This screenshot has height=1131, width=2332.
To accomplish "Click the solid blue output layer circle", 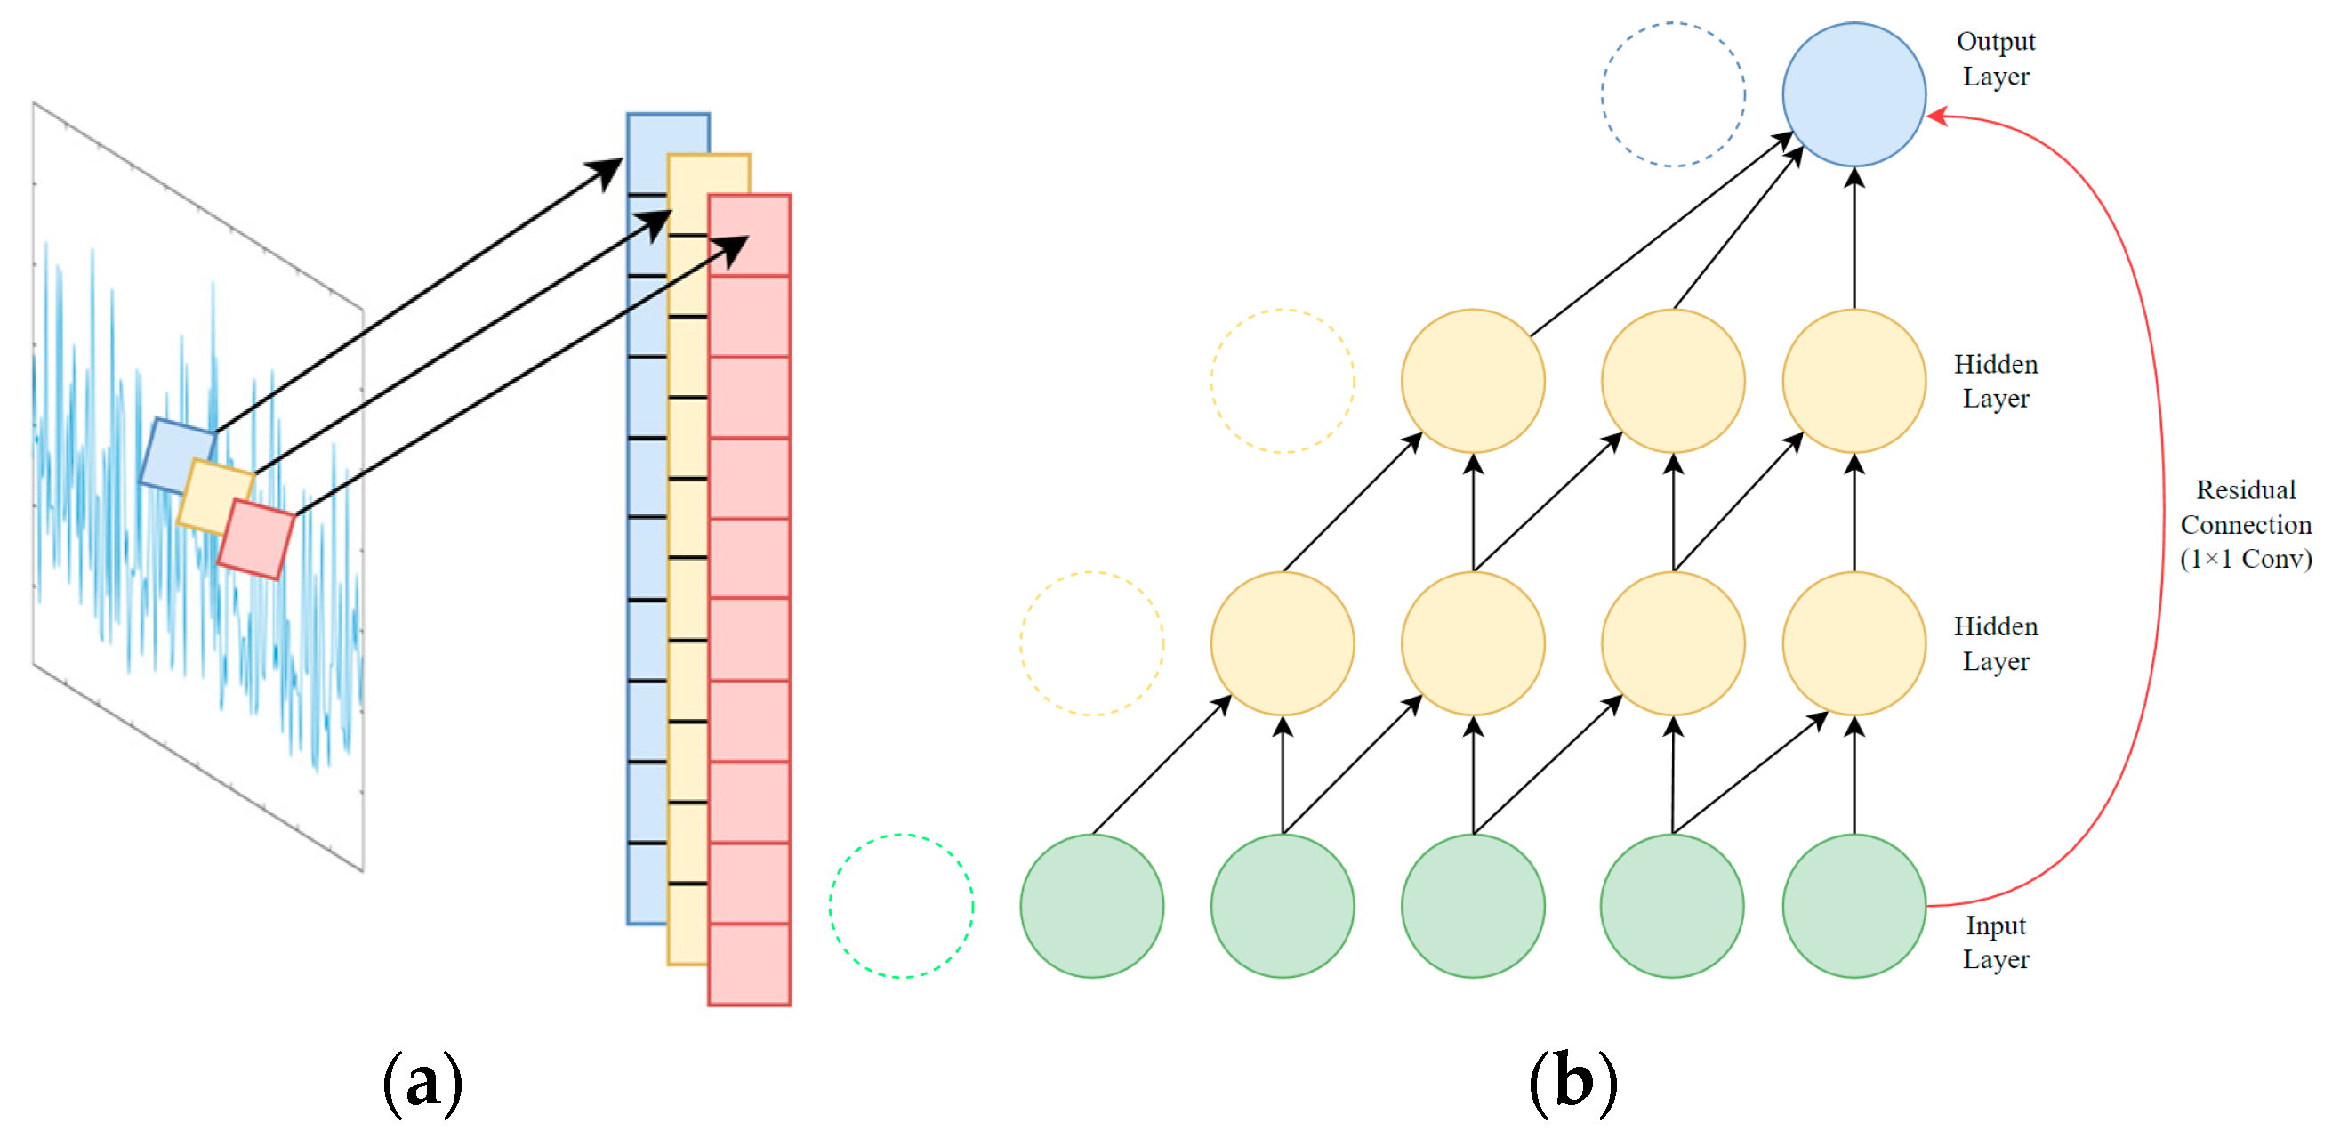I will [1854, 94].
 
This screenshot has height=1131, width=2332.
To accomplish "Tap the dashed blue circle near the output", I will [1672, 94].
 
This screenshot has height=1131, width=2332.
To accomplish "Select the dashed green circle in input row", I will [901, 905].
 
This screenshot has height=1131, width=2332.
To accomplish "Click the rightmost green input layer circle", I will [1854, 905].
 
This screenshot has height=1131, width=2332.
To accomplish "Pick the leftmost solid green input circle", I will [1092, 905].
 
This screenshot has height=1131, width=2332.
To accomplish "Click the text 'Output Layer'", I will [1995, 59].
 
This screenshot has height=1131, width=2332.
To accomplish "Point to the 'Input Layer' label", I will [1995, 941].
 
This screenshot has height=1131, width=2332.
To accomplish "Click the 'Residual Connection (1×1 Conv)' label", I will [2245, 524].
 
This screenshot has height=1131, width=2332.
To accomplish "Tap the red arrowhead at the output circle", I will [1935, 116].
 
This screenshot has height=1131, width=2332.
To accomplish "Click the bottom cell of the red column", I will [749, 965].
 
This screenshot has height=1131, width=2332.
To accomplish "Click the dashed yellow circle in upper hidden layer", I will [1282, 380].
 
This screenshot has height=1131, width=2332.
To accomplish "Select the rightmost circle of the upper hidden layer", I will [1854, 380].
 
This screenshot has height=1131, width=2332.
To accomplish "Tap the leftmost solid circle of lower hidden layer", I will [1282, 643].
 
